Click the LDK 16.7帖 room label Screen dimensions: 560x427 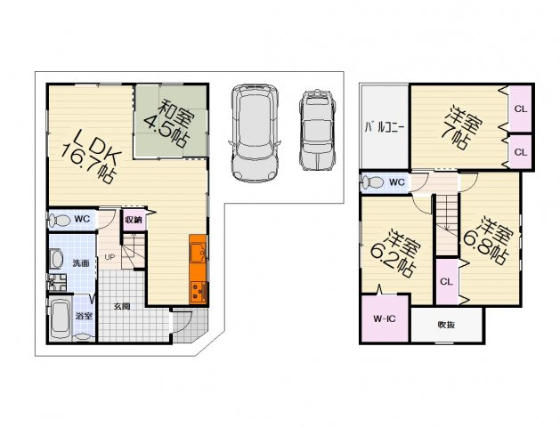pos(90,156)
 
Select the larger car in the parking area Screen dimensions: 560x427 pos(255,133)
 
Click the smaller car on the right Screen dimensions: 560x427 pos(317,130)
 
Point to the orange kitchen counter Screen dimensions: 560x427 pos(198,269)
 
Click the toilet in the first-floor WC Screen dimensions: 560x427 pos(60,220)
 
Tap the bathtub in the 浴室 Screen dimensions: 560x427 pos(60,318)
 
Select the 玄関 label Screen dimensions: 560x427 pos(122,306)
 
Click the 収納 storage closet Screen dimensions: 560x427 pos(134,220)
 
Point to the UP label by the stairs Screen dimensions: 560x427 pos(110,257)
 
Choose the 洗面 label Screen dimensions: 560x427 pos(81,263)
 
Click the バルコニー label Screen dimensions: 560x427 pos(384,127)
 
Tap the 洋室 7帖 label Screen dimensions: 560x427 pos(461,126)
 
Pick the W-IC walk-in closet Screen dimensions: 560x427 pos(385,318)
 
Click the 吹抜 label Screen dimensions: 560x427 pos(446,325)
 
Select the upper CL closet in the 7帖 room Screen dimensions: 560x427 pos(520,109)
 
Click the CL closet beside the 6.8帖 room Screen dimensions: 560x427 pos(446,282)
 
